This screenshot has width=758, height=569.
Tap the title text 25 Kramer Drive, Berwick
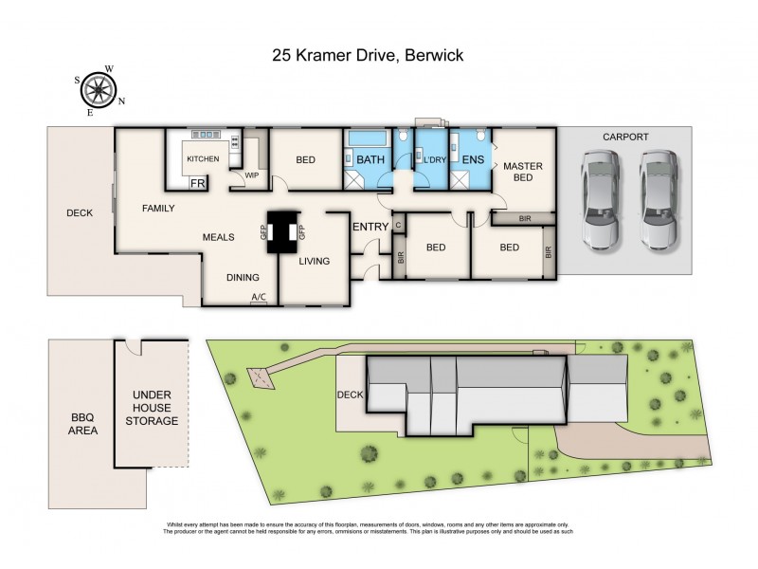(x=367, y=56)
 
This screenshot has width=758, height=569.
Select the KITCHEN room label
(x=203, y=158)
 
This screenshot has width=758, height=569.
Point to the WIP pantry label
(x=252, y=175)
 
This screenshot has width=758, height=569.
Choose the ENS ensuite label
(x=472, y=159)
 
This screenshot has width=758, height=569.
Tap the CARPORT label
(x=625, y=137)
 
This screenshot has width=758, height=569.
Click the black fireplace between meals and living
(x=281, y=232)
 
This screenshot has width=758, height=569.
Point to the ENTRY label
(x=370, y=227)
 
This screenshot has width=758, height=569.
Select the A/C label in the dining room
(x=258, y=298)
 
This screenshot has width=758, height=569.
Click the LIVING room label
(x=316, y=261)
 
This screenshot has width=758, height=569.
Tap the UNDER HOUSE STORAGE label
(x=153, y=407)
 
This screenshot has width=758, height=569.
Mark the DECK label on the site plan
(x=350, y=394)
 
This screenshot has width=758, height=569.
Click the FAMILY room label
(x=159, y=208)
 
